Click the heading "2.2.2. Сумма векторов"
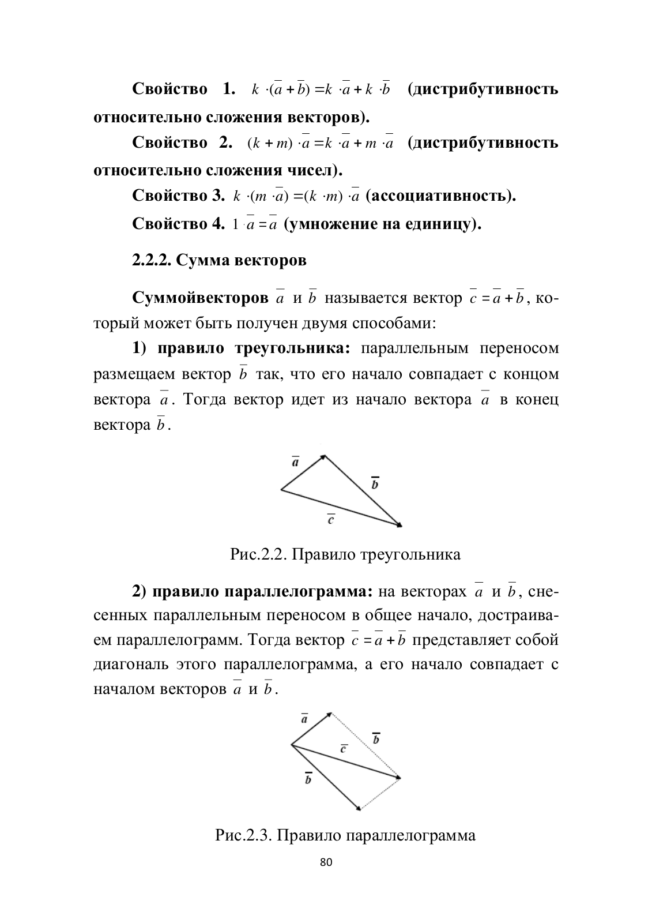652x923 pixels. [x=219, y=260]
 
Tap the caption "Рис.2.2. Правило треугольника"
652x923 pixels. [x=345, y=555]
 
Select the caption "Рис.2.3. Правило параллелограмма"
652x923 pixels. [x=345, y=835]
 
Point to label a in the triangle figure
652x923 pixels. [x=295, y=463]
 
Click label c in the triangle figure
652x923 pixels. [x=331, y=520]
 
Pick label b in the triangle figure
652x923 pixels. [x=375, y=483]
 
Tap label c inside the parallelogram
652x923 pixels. [x=344, y=748]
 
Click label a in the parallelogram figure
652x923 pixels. [x=304, y=719]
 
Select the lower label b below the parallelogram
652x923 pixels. [x=308, y=779]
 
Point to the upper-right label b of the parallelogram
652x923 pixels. [x=376, y=739]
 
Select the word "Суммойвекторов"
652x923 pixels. [x=200, y=298]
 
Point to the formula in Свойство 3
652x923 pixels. [x=296, y=196]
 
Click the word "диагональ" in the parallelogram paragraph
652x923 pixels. [x=130, y=665]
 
